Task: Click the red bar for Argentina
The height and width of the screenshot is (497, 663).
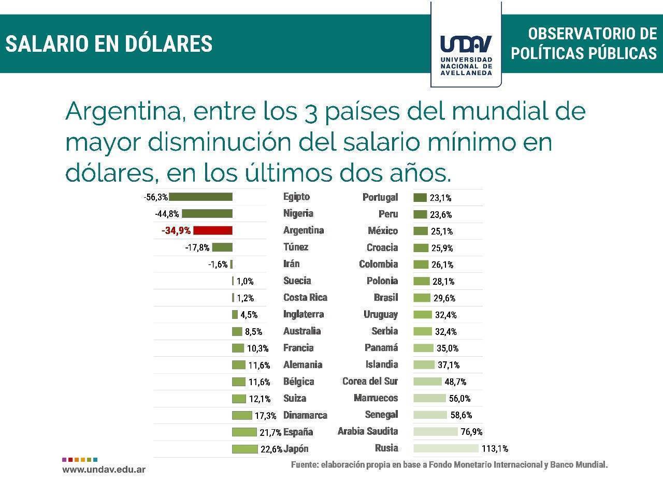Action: pos(212,230)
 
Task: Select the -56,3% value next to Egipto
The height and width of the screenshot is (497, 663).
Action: pos(156,197)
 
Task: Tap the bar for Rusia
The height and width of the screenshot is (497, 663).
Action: pos(446,448)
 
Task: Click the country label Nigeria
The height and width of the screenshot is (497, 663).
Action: pos(298,213)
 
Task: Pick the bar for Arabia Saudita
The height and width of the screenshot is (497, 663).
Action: pos(436,431)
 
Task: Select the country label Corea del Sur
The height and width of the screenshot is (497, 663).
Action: pos(370,382)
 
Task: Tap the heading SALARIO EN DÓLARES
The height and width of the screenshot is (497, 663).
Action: pos(109,44)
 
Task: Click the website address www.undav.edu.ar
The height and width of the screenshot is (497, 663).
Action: pos(104,470)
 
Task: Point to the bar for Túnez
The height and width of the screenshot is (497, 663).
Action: pos(222,247)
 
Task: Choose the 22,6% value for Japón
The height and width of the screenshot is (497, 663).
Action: pos(271,449)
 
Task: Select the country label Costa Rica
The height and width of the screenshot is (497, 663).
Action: pos(305,298)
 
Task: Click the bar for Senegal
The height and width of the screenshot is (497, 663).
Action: pos(430,415)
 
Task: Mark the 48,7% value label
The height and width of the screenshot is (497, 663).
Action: pos(455,382)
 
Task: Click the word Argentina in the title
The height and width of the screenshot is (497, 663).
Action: pos(124,111)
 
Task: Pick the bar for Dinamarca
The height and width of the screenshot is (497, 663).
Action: pos(242,415)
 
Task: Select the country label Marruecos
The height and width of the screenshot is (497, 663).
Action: pos(376,398)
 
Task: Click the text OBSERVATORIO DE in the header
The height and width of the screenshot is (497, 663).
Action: pos(592,34)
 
